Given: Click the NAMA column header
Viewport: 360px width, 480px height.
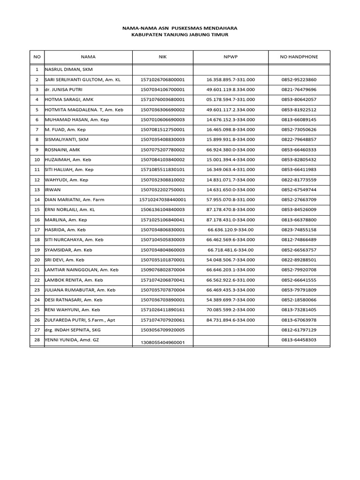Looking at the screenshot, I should tap(88, 57).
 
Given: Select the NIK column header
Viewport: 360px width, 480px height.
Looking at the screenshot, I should tap(163, 57).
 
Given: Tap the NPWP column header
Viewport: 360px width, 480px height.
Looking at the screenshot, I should tap(231, 57).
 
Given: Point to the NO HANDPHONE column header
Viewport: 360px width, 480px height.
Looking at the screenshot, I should tap(299, 57).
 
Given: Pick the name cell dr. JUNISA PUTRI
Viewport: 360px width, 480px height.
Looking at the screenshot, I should tap(63, 90).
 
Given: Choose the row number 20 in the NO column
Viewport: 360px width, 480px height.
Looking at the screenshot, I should tap(37, 260).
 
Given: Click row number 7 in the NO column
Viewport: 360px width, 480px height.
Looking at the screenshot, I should tap(37, 129).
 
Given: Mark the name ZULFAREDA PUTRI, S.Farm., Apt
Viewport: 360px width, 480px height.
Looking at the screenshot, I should tap(79, 320).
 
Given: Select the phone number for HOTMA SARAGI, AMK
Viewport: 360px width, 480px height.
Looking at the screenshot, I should tap(299, 99).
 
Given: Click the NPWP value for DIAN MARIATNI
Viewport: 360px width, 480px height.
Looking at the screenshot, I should tap(231, 200).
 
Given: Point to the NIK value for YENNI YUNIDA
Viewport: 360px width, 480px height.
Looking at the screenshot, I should tap(163, 342).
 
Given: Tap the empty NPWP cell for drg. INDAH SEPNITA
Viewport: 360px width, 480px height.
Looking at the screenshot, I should tap(231, 330).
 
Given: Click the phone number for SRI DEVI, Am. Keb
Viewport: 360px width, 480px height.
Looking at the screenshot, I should tap(299, 260).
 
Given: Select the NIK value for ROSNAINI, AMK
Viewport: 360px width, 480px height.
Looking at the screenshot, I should tap(163, 150).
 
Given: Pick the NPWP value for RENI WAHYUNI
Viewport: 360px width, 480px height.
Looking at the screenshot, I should tap(231, 310).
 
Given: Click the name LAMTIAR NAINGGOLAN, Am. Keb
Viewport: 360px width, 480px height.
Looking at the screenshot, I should tap(82, 270).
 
